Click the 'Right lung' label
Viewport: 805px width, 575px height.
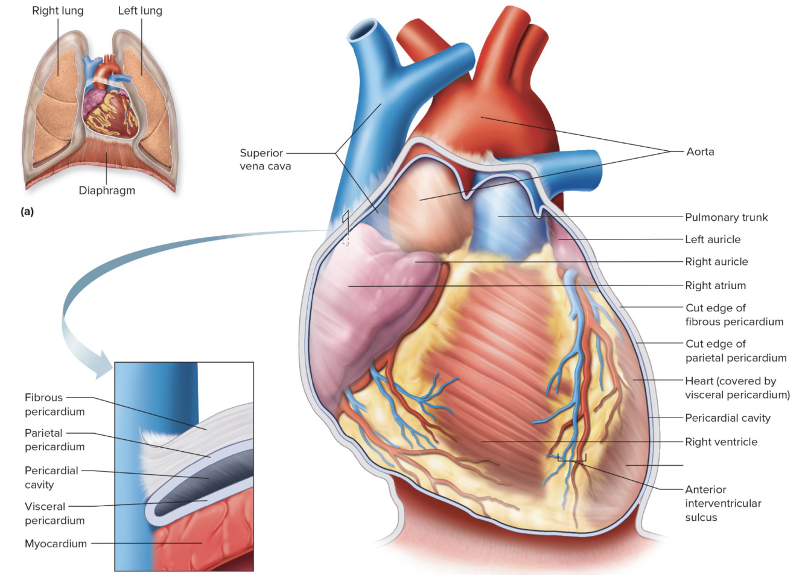coord(58,11)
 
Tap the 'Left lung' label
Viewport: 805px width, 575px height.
coord(140,11)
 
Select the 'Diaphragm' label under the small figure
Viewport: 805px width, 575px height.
coord(107,191)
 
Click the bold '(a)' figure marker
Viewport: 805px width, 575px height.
coord(27,211)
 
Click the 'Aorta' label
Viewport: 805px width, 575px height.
coord(700,151)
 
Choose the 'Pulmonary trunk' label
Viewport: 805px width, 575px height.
coord(726,217)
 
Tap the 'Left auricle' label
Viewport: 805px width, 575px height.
coord(713,240)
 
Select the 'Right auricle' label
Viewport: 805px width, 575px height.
coord(716,262)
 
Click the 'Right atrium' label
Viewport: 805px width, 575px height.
coord(715,285)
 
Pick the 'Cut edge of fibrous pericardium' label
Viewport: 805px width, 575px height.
coord(734,315)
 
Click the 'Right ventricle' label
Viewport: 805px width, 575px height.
coord(721,442)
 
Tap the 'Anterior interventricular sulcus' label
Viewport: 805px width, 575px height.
coord(723,503)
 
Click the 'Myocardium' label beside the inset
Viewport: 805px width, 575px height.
coord(56,544)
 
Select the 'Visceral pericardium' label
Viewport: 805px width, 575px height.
coord(54,513)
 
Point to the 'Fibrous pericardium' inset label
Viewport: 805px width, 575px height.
coord(54,404)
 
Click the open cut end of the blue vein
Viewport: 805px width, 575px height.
coord(363,30)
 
